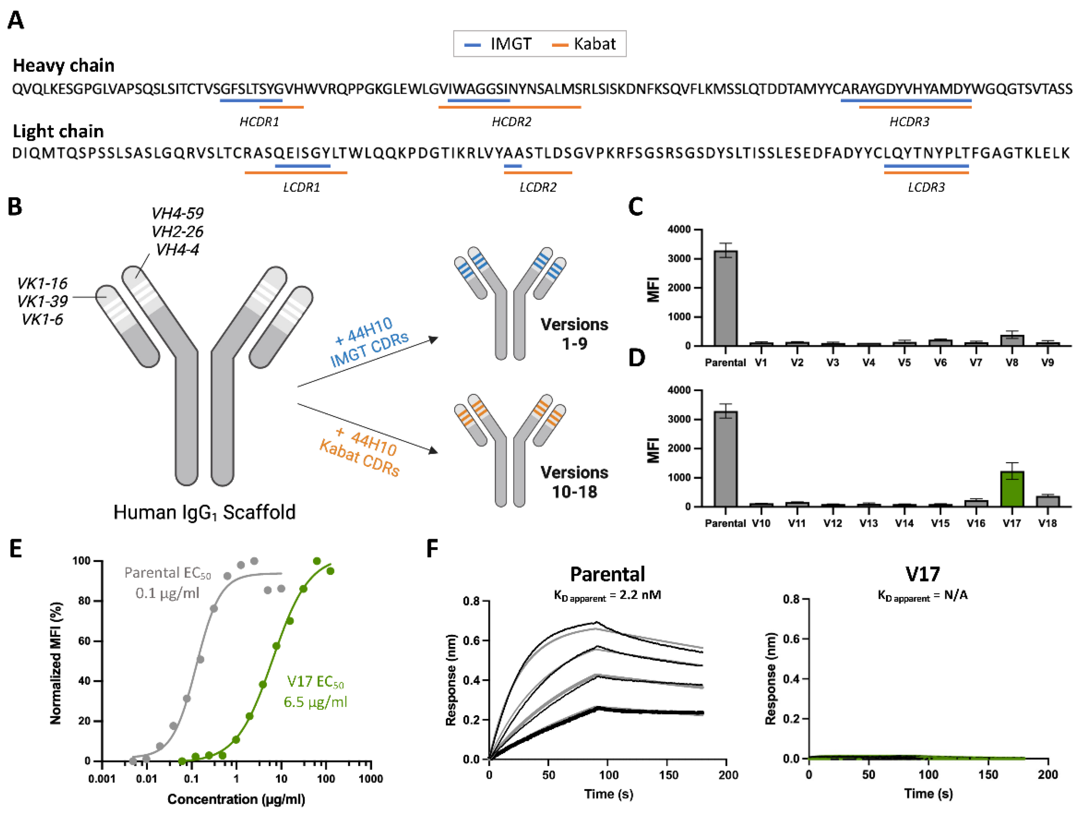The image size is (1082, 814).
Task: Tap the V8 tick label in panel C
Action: pyautogui.click(x=1012, y=363)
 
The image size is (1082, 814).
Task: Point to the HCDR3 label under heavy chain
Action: pyautogui.click(x=909, y=122)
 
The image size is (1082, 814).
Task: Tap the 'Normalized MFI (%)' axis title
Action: pyautogui.click(x=56, y=663)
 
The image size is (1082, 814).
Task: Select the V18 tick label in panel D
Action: pyautogui.click(x=1047, y=523)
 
